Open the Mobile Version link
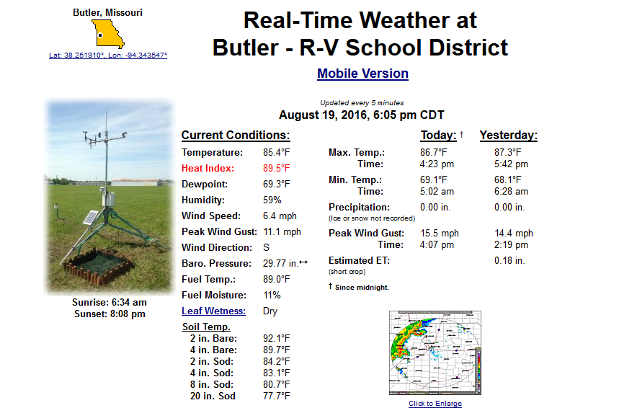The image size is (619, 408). [x=362, y=74]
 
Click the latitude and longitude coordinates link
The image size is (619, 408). [x=108, y=56]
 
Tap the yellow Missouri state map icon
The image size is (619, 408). [x=108, y=35]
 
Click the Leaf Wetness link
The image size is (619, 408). [x=213, y=311]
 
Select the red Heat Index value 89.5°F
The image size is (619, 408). [x=276, y=168]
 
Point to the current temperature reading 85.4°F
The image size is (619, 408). [x=276, y=152]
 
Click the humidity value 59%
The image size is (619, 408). [x=272, y=200]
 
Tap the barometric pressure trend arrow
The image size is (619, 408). [x=303, y=262]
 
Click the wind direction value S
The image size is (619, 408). [x=266, y=248]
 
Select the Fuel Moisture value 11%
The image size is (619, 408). [x=272, y=295]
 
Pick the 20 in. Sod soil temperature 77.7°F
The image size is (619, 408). [x=276, y=396]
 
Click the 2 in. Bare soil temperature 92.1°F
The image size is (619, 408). [x=276, y=338]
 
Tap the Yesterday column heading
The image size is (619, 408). [x=509, y=136]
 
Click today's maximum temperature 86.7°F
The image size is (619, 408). [x=434, y=152]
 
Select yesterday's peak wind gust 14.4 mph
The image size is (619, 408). [x=514, y=233]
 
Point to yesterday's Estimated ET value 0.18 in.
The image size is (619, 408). [x=509, y=261]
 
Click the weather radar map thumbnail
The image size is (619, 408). [x=435, y=352]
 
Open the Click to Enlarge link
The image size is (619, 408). [x=435, y=403]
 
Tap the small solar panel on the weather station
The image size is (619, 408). [x=90, y=218]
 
